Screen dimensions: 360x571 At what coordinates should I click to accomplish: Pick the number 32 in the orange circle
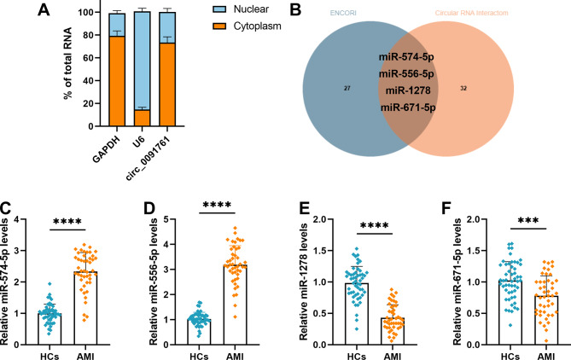pyautogui.click(x=487, y=87)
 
